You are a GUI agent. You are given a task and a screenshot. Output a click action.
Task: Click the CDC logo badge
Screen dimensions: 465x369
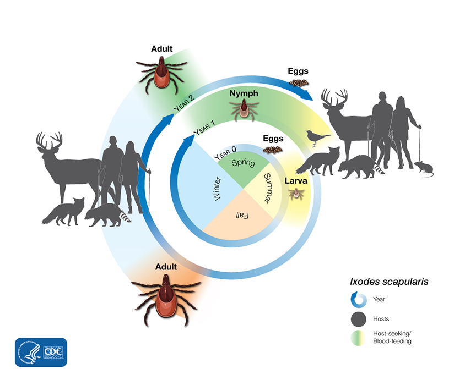[x=41, y=352]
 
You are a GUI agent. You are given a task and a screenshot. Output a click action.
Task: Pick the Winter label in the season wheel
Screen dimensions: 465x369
[x=218, y=189]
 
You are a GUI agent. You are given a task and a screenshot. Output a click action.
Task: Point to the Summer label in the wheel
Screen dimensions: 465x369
[x=268, y=188]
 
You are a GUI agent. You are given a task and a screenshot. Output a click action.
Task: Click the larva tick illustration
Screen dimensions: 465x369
[x=296, y=194]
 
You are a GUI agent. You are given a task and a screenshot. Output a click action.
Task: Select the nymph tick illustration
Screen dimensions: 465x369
[x=244, y=110]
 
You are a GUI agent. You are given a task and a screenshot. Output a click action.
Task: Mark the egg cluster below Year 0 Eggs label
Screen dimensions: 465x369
[x=273, y=150]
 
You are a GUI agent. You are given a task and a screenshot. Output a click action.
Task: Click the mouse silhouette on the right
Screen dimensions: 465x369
[x=424, y=169]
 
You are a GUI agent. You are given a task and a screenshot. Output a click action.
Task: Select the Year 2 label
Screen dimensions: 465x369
[x=184, y=103]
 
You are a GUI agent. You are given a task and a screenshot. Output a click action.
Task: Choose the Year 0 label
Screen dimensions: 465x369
[x=226, y=152]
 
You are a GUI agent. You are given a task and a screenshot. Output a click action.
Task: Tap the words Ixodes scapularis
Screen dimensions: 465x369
[x=389, y=282]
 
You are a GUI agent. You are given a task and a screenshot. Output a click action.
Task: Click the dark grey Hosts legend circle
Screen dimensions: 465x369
[x=359, y=320]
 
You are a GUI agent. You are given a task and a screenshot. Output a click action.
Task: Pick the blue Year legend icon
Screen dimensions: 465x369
[x=359, y=300]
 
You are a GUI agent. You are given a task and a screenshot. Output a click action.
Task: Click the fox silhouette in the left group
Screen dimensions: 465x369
[x=63, y=212]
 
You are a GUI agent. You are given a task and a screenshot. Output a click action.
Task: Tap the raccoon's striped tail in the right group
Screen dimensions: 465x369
[x=379, y=168]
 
